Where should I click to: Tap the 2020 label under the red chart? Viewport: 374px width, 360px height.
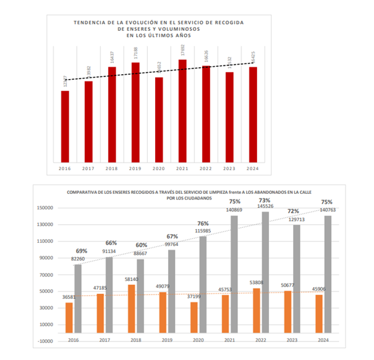[x=159, y=168]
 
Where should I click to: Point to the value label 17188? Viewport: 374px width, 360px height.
[x=135, y=53]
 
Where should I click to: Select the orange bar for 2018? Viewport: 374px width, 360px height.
[x=131, y=312]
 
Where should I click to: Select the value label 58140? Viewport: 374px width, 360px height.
[x=131, y=280]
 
